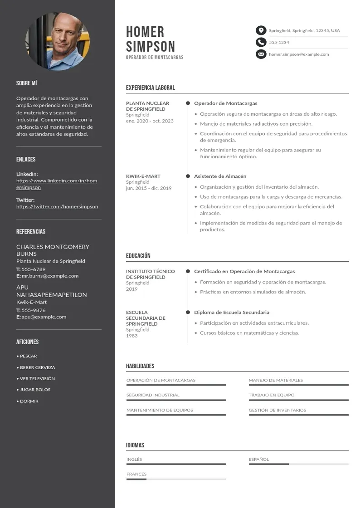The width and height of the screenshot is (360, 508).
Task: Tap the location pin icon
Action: pyautogui.click(x=261, y=30)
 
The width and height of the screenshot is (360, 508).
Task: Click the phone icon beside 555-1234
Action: pyautogui.click(x=261, y=42)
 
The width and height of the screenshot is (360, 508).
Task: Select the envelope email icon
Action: pyautogui.click(x=261, y=54)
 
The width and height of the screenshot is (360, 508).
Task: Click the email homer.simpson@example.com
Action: pyautogui.click(x=299, y=54)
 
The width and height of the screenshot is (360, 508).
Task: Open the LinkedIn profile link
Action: pyautogui.click(x=57, y=184)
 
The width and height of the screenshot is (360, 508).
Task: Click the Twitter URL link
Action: pyautogui.click(x=57, y=206)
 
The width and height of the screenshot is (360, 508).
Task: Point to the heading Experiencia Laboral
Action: pyautogui.click(x=150, y=88)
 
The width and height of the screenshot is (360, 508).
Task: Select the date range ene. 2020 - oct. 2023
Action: pyautogui.click(x=150, y=121)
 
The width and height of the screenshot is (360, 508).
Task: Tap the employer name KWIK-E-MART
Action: pyautogui.click(x=143, y=176)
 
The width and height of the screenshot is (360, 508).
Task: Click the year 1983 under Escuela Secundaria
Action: pyautogui.click(x=132, y=336)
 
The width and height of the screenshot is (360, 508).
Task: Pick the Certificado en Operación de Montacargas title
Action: pyautogui.click(x=244, y=271)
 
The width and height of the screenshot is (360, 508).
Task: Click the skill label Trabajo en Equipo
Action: pyautogui.click(x=271, y=395)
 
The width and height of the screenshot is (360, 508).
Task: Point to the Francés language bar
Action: pyautogui.click(x=176, y=479)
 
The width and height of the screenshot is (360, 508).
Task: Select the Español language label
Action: pyautogui.click(x=258, y=459)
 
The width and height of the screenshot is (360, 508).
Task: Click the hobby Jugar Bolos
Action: pyautogui.click(x=35, y=390)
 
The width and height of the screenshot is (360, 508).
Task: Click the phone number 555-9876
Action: pyautogui.click(x=34, y=310)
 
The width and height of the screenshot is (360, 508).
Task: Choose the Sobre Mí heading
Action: pyautogui.click(x=26, y=83)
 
